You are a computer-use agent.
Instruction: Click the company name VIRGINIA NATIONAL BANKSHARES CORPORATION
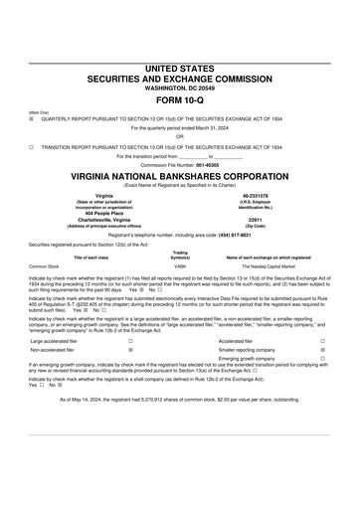(x=179, y=171)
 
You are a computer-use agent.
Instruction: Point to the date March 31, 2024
(x=208, y=127)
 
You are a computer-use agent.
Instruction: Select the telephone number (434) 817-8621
(x=246, y=234)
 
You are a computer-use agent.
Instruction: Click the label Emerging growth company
(x=248, y=360)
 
